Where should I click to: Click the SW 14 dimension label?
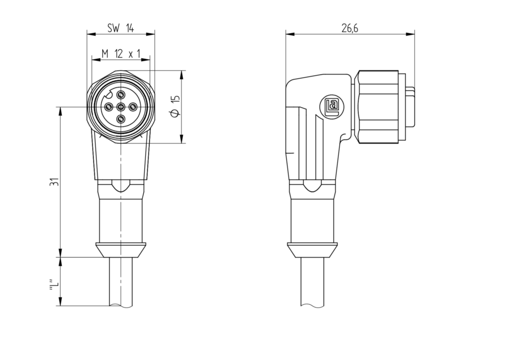pyautogui.click(x=120, y=28)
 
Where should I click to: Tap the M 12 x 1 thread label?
pyautogui.click(x=120, y=54)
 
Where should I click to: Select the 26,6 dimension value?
pyautogui.click(x=350, y=28)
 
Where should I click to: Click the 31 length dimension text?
pyautogui.click(x=54, y=182)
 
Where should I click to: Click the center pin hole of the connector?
pyautogui.click(x=121, y=107)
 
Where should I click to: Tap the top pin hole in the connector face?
pyautogui.click(x=121, y=94)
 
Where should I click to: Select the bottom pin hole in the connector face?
pyautogui.click(x=121, y=118)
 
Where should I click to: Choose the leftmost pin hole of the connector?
pyautogui.click(x=109, y=107)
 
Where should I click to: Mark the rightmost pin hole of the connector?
pyautogui.click(x=133, y=107)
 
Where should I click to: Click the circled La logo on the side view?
pyautogui.click(x=332, y=107)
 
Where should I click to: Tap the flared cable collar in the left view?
pyautogui.click(x=121, y=250)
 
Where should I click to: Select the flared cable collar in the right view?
pyautogui.click(x=313, y=250)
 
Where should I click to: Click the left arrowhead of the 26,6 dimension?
pyautogui.click(x=290, y=34)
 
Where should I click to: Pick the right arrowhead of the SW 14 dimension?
pyautogui.click(x=150, y=34)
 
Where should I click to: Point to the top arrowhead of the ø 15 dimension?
pyautogui.click(x=182, y=75)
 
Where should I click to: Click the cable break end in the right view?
pyautogui.click(x=313, y=306)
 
